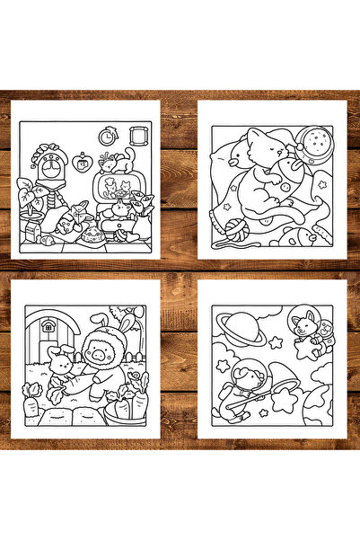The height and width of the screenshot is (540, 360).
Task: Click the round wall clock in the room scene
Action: tap(109, 137)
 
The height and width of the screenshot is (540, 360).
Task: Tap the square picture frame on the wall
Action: tap(138, 134)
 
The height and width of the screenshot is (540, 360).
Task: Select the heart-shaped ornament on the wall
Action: tap(83, 164)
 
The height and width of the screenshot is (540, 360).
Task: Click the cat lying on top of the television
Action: tap(113, 163)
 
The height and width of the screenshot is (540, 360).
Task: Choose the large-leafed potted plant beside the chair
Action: tap(29, 196)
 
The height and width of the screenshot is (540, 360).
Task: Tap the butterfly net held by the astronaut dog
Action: tap(285, 394)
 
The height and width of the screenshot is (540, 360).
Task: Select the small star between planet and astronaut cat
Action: tap(275, 342)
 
